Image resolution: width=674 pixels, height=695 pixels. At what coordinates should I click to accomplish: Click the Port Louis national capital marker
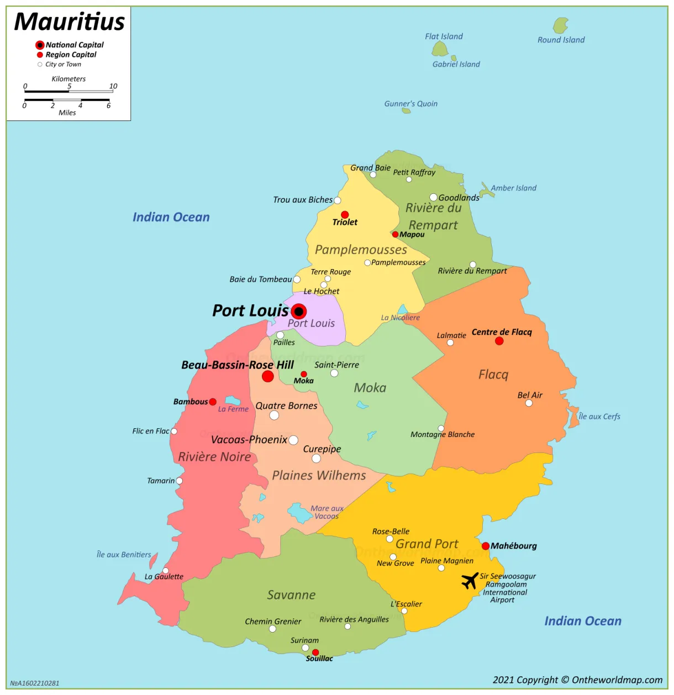[299, 312]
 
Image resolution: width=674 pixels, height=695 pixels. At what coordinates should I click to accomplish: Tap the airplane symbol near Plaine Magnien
[470, 581]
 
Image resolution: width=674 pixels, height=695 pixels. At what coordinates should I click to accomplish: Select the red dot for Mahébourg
[486, 546]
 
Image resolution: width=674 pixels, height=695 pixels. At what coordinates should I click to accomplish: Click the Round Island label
[561, 40]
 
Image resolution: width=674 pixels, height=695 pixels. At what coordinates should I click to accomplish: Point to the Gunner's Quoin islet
[406, 110]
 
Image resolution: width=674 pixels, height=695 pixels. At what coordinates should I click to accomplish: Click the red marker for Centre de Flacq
[499, 341]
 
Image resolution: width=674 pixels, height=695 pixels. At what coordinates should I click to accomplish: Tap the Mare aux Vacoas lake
[300, 513]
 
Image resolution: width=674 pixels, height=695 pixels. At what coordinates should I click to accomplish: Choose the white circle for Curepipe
[316, 459]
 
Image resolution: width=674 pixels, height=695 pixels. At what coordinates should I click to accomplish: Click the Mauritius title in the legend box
[69, 22]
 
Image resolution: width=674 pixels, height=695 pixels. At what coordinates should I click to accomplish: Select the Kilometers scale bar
[69, 91]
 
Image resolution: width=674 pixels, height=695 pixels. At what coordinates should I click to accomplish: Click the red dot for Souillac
[315, 652]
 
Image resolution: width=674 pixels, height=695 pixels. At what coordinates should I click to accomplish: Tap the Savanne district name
[291, 595]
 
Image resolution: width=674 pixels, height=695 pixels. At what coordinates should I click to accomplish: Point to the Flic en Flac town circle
[174, 431]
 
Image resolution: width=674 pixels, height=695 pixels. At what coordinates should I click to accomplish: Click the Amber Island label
[513, 188]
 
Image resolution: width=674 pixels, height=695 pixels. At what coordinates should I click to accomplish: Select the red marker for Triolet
[345, 214]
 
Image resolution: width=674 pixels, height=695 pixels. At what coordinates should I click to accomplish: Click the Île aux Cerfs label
[599, 417]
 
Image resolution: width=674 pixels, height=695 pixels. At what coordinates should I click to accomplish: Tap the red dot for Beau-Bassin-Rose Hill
[268, 376]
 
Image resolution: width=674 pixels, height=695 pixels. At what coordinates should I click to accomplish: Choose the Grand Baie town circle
[373, 175]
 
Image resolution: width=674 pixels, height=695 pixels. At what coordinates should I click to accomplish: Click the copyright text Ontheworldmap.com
[577, 680]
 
